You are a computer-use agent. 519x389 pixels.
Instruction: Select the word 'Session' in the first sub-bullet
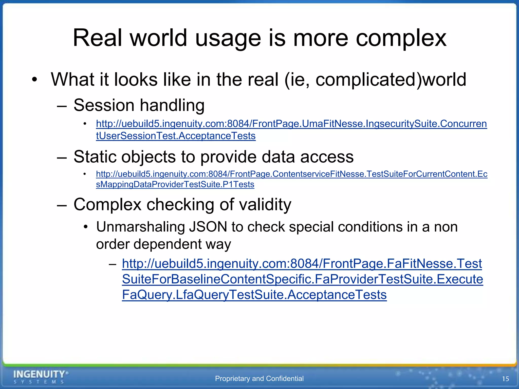[x=104, y=105]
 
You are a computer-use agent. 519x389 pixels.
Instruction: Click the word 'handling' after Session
[x=172, y=105]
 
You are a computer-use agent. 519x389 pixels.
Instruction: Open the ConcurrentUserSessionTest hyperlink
[x=291, y=124]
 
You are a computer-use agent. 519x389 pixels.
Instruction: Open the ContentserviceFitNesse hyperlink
[x=291, y=174]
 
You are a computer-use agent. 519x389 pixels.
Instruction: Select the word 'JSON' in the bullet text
[x=208, y=227]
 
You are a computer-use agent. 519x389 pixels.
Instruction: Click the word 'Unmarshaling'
[x=140, y=227]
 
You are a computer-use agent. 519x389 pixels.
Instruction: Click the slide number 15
[x=505, y=379]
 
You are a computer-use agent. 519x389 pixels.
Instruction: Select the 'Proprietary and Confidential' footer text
[x=259, y=379]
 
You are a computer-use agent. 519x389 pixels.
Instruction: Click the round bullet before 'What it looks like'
[x=34, y=80]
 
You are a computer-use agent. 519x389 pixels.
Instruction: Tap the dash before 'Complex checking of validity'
[x=62, y=205]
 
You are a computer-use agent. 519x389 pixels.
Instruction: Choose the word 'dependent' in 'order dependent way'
[x=167, y=244]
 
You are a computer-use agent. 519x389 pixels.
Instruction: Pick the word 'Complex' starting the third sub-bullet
[x=107, y=204]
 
